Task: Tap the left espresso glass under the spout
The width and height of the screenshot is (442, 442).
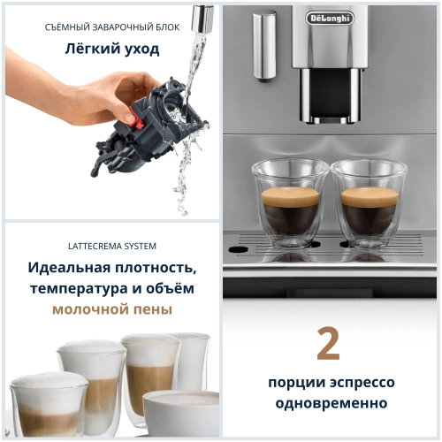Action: click(290, 199)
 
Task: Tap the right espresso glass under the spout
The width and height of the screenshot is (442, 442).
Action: click(368, 199)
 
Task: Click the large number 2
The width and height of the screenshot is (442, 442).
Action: click(329, 345)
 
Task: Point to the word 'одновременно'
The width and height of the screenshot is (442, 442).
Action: click(329, 403)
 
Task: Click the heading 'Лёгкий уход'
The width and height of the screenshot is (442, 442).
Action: click(111, 49)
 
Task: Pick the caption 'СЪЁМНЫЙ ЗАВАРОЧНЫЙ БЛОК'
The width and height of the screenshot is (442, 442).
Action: click(111, 27)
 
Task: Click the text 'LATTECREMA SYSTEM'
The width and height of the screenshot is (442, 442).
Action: click(111, 246)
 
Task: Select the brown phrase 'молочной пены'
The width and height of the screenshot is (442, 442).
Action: click(111, 309)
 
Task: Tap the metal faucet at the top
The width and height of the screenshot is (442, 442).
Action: click(202, 17)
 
